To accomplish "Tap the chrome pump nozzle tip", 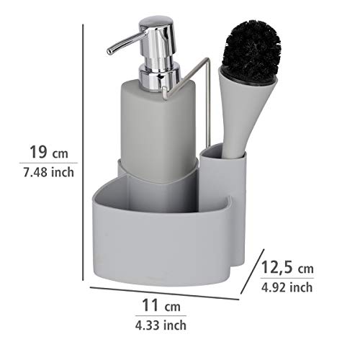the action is click(x=110, y=51).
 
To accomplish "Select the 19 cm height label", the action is click(x=49, y=152).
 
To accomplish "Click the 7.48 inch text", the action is click(x=49, y=172).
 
